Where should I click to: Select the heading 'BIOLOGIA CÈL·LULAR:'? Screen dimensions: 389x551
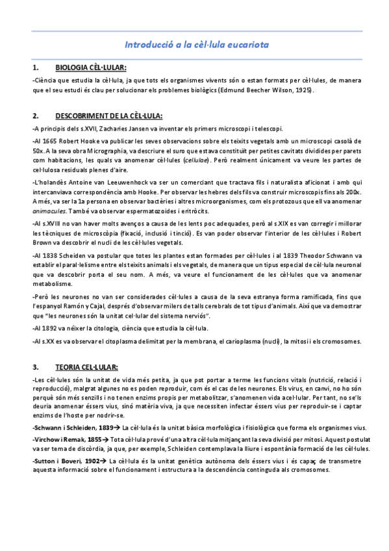click(x=91, y=68)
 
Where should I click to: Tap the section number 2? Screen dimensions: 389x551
click(x=34, y=116)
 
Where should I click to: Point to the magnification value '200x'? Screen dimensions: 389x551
click(x=352, y=193)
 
